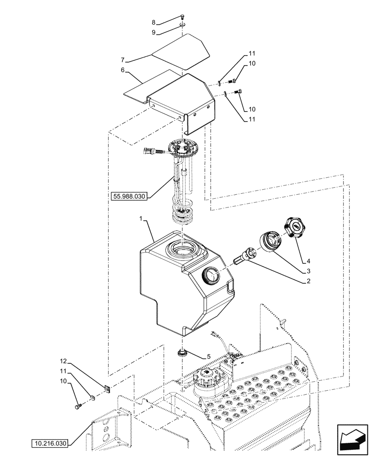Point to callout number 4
[308, 261]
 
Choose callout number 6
[122, 70]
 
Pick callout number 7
[122, 60]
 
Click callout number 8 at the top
[154, 22]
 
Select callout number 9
[154, 32]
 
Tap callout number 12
[64, 361]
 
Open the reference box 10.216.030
[50, 443]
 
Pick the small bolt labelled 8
[182, 17]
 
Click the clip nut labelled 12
[108, 389]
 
